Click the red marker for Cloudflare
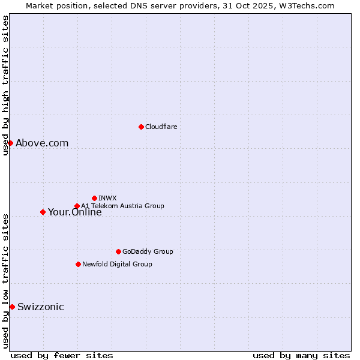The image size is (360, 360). [141, 127]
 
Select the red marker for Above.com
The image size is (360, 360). [10, 143]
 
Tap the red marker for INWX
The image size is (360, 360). [94, 198]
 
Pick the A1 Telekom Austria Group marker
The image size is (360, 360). [77, 206]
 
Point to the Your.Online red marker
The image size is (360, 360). [43, 212]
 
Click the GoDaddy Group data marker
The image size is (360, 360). [118, 251]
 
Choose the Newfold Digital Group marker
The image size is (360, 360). [78, 264]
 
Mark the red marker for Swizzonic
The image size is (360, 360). [12, 307]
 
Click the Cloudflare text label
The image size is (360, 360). [161, 127]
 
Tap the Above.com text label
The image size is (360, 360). [42, 143]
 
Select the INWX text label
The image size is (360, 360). [107, 198]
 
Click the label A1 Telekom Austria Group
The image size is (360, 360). [122, 206]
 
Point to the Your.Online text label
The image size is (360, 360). [74, 212]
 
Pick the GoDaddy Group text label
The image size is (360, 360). [148, 251]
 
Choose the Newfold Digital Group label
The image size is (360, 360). [117, 264]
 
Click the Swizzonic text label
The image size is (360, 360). [40, 307]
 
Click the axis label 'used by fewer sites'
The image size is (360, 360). [62, 355]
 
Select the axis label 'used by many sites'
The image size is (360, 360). [301, 355]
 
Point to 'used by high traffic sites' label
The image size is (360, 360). [5, 85]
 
